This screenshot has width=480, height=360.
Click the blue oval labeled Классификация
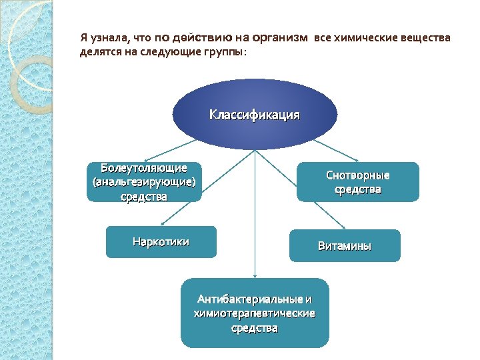[x=255, y=114]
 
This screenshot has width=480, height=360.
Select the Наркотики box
[x=161, y=241]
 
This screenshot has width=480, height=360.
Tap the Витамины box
[x=345, y=245]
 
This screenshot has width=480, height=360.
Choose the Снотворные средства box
[x=358, y=182]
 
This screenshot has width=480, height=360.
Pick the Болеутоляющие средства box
[x=144, y=182]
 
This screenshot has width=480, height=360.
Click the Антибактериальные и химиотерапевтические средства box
[x=255, y=313]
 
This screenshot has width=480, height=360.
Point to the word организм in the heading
[x=281, y=38]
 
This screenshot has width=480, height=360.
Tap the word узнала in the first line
[x=110, y=38]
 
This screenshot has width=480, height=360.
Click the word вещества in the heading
[x=428, y=38]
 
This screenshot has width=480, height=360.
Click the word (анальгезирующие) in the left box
[x=144, y=182]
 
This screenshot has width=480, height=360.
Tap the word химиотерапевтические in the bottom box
[x=255, y=313]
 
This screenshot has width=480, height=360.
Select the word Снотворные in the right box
[x=358, y=175]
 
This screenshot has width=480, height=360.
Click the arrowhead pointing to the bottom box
[x=255, y=275]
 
